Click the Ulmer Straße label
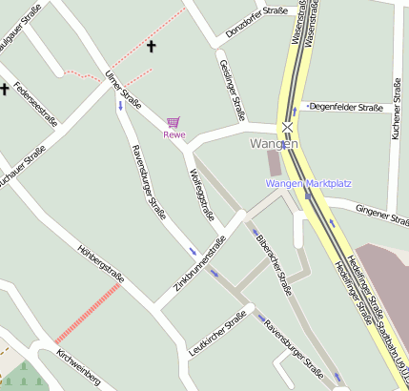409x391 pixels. point(124,89)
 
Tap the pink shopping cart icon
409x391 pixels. point(173,122)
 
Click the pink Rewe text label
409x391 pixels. point(174,134)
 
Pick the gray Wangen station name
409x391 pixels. point(274,144)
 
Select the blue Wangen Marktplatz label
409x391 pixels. point(308,183)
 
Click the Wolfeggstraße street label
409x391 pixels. point(202,195)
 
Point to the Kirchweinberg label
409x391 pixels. point(78,367)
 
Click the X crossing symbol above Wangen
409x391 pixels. point(287,126)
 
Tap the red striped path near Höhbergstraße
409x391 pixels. point(87,313)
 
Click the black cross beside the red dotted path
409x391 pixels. point(151,45)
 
